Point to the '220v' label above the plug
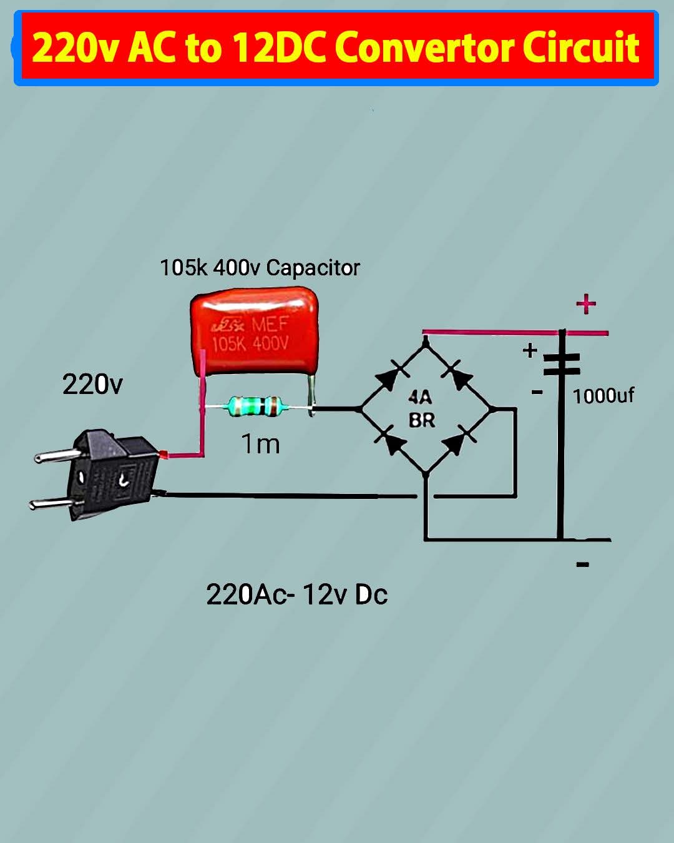92,384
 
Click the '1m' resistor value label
260,444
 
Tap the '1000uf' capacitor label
603,396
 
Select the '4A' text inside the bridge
420,397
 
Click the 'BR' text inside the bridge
422,420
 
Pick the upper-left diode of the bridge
391,375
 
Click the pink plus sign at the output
586,304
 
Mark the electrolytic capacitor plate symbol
562,364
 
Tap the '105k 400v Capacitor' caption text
260,268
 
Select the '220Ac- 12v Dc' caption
296,594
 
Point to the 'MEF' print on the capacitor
270,324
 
